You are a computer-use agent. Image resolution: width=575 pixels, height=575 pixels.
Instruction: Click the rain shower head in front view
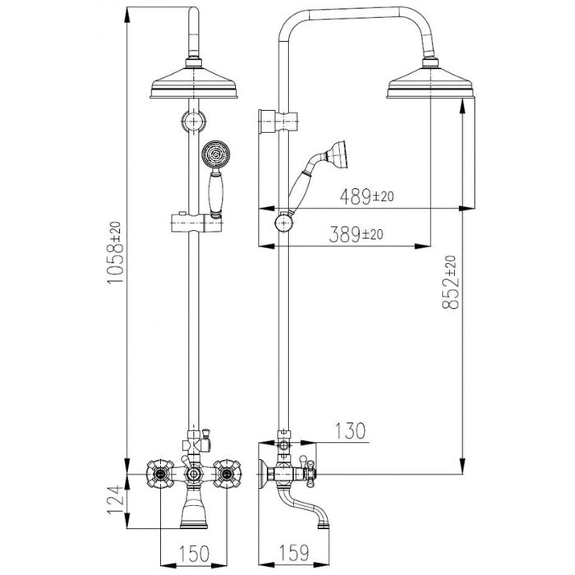tap(194, 82)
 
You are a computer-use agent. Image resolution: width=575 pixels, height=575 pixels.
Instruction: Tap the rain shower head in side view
tap(431, 82)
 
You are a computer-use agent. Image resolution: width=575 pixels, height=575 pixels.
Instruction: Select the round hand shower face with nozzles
tap(215, 154)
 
